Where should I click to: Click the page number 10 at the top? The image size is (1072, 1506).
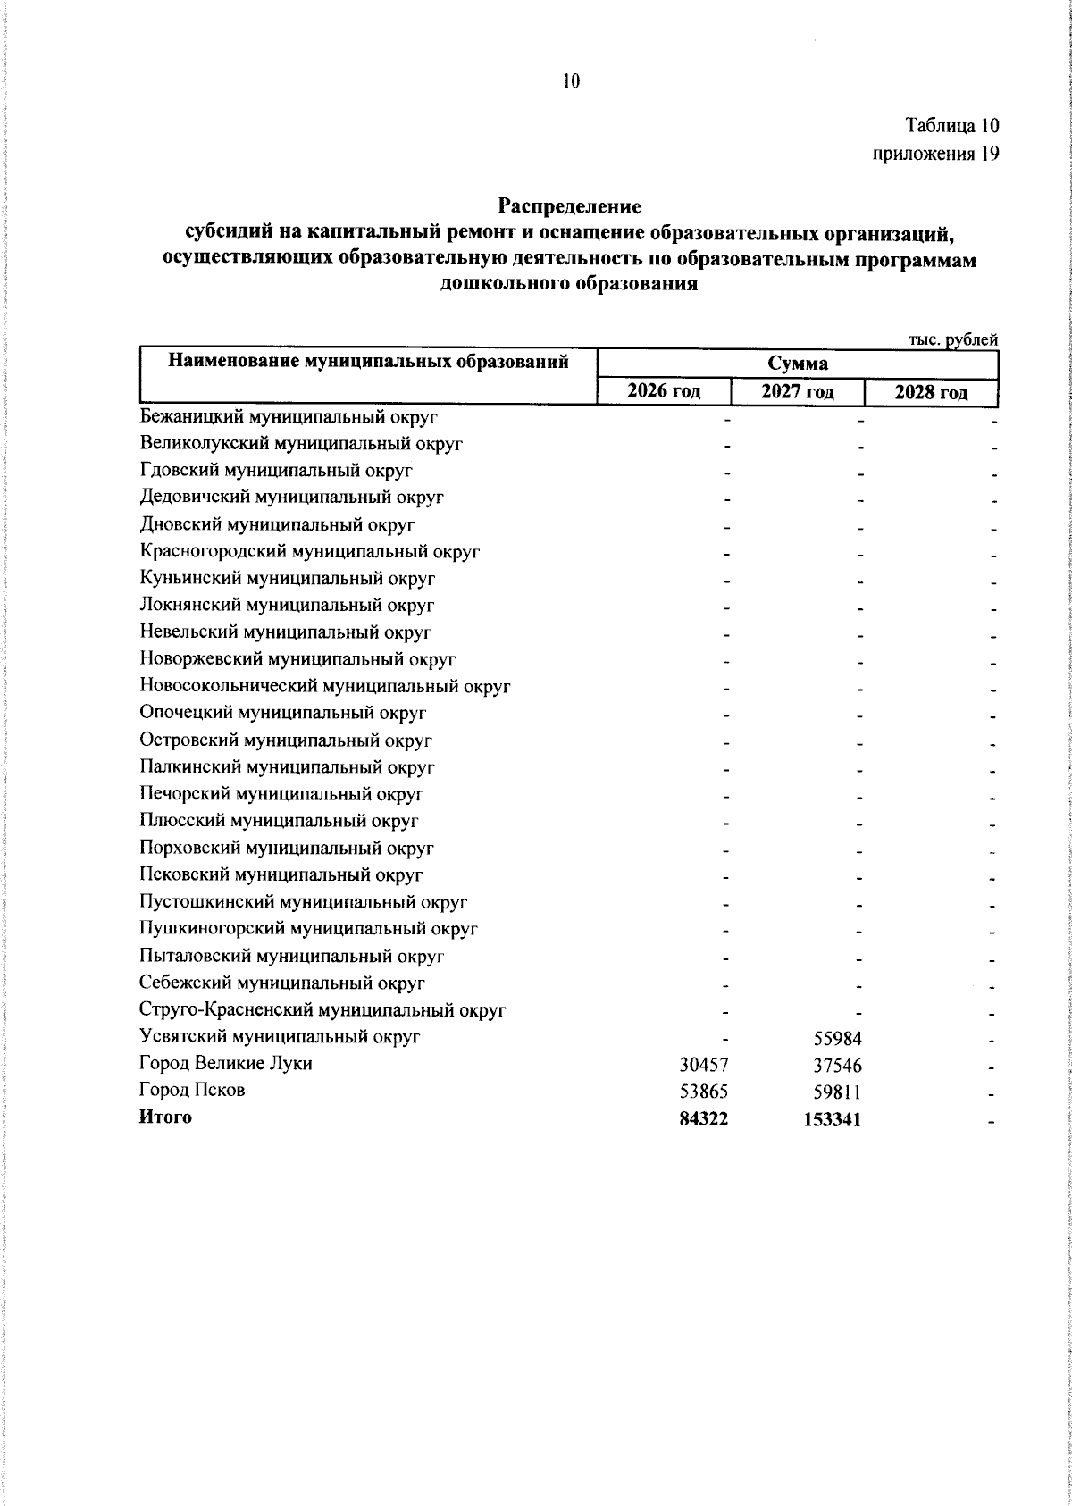571,82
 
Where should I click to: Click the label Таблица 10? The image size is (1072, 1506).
951,126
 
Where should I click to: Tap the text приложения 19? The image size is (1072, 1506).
934,154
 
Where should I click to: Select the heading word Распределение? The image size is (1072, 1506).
570,206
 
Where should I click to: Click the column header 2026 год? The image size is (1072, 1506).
663,391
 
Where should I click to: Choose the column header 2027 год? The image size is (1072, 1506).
797,392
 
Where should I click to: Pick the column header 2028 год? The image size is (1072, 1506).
931,392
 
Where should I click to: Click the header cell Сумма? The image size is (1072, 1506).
797,364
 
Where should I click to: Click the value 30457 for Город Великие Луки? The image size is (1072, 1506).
704,1065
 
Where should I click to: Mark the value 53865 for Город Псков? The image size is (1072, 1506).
704,1092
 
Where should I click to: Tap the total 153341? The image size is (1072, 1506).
832,1119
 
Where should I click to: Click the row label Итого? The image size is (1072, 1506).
165,1117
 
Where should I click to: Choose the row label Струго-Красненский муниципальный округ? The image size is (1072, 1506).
322,1010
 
